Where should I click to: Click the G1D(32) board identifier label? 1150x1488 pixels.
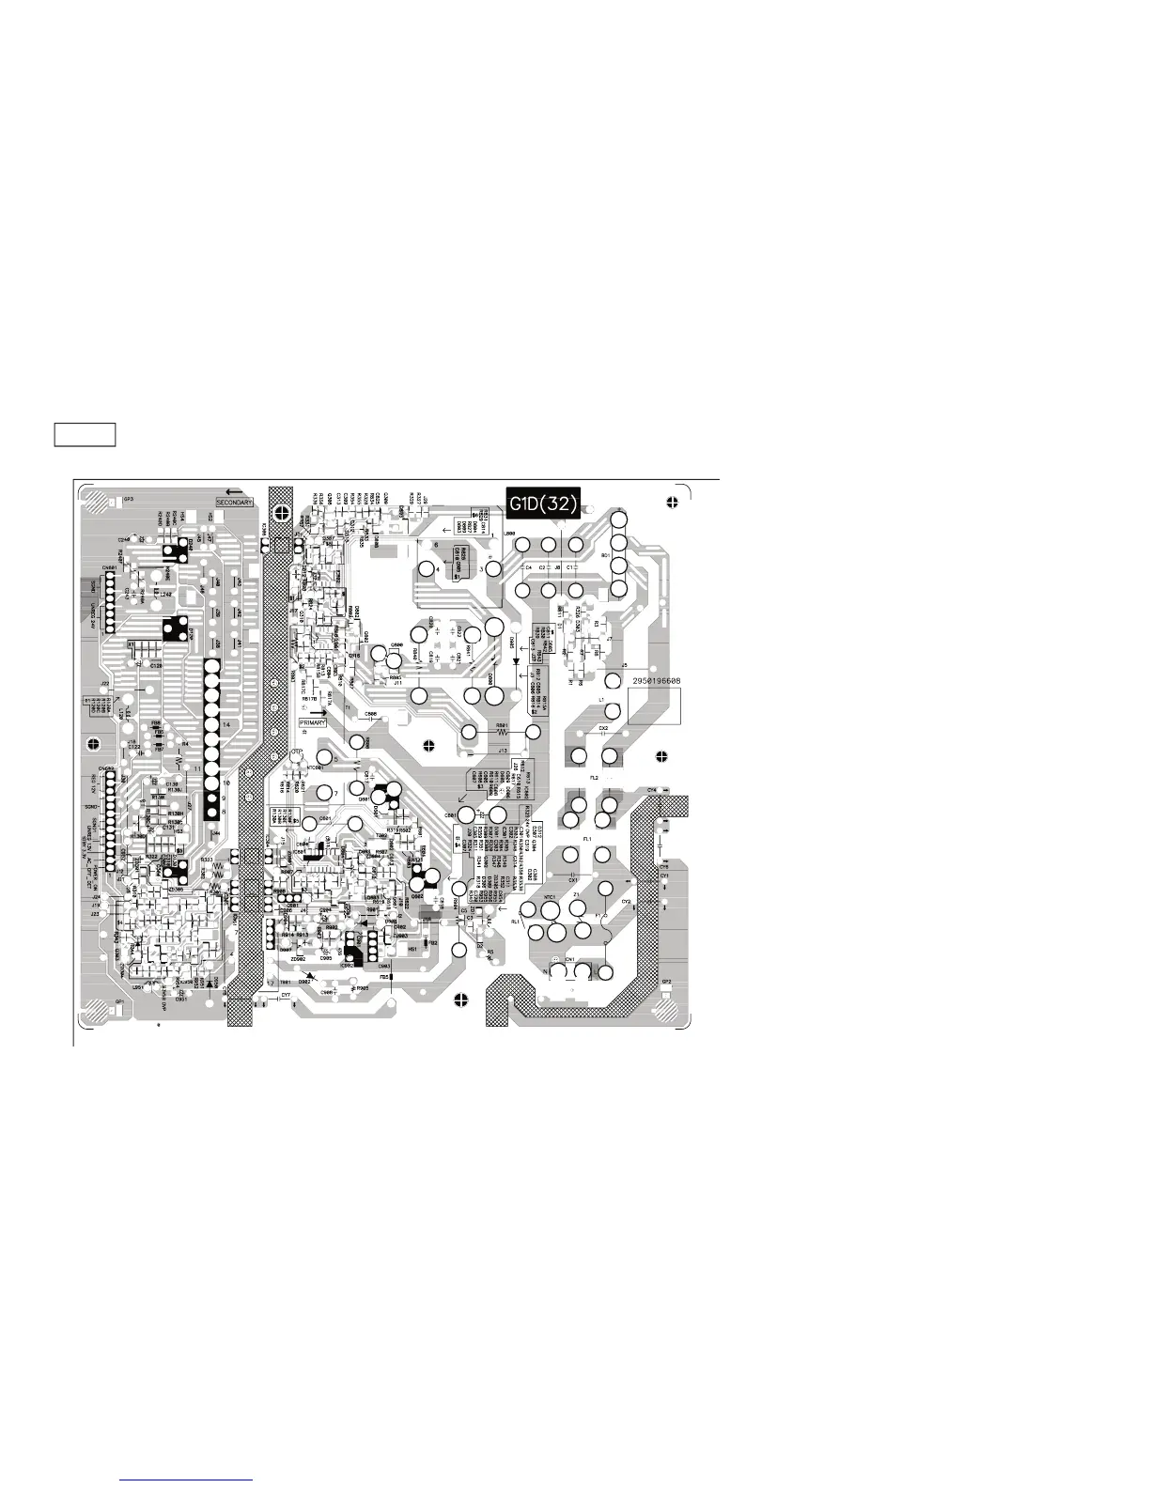(x=543, y=504)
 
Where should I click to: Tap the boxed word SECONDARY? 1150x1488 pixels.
(x=235, y=504)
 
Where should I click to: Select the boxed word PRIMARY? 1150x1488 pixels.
(x=313, y=722)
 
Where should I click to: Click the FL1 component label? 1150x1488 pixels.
(x=587, y=837)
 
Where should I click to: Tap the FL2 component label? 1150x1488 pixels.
(x=594, y=778)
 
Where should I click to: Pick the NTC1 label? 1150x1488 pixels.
(x=551, y=898)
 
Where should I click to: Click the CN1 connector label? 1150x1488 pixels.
(x=569, y=959)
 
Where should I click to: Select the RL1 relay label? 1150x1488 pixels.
(x=515, y=922)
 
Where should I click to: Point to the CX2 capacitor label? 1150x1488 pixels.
(x=603, y=728)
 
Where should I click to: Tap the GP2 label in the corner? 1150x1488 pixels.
(x=666, y=982)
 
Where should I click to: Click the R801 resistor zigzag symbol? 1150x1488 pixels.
(x=502, y=734)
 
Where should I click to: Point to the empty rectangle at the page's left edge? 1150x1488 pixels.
(x=85, y=435)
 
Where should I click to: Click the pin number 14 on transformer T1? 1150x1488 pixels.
(x=227, y=725)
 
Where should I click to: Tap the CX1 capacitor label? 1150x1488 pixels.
(x=573, y=880)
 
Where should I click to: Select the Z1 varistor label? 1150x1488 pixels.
(x=577, y=895)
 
